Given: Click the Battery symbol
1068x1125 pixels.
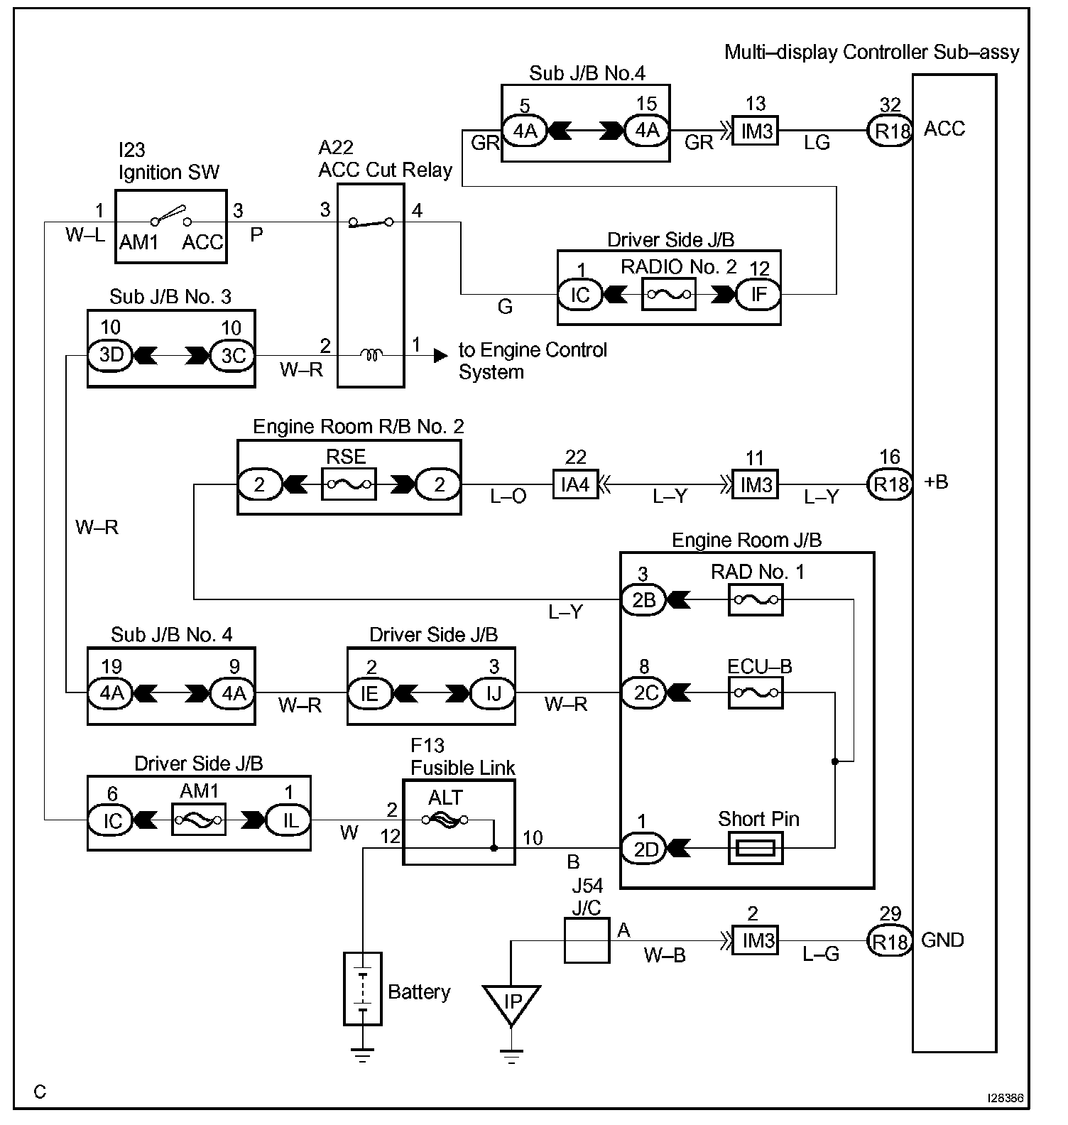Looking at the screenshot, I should point(362,988).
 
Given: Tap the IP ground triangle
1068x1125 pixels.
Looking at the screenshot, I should point(511,1002).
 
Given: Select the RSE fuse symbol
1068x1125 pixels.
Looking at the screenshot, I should point(349,484).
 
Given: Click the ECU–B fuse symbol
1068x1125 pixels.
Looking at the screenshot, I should point(756,692).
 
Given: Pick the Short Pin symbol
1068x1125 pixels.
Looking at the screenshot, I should point(756,847).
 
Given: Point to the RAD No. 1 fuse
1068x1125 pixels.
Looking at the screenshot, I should point(756,600).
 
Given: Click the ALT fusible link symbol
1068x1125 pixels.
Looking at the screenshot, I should point(445,820).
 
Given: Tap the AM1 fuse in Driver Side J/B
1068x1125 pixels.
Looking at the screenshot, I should point(199,821).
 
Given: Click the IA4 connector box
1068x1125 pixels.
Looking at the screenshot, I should point(575,485).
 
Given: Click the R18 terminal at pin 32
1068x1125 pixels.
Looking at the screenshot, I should point(890,130).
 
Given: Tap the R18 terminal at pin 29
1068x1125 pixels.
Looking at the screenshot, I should point(890,941).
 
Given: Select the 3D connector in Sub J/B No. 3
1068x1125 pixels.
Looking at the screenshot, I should point(111,354).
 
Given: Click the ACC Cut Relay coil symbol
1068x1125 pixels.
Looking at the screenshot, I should point(370,354).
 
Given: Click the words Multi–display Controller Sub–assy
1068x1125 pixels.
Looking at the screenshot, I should point(871,52).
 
